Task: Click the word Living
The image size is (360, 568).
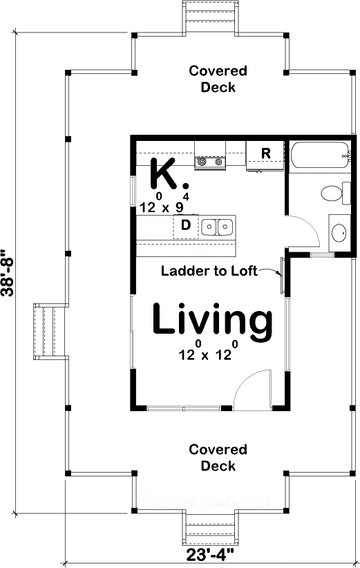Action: pyautogui.click(x=211, y=320)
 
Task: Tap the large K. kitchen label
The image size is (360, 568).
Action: pyautogui.click(x=168, y=175)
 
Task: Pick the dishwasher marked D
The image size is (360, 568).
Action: pyautogui.click(x=185, y=225)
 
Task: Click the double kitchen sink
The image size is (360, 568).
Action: pyautogui.click(x=217, y=225)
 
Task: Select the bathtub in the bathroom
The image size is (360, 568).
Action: pyautogui.click(x=318, y=155)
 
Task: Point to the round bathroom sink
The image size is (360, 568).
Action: pyautogui.click(x=339, y=233)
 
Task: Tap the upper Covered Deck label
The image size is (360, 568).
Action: pyautogui.click(x=218, y=79)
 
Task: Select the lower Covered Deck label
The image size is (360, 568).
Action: pyautogui.click(x=218, y=457)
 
